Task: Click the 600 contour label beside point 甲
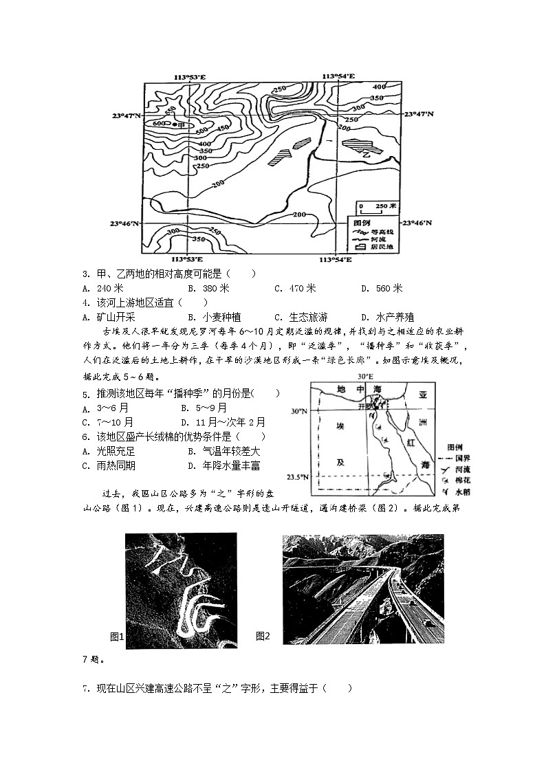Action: (x=158, y=124)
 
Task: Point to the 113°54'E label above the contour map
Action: (x=338, y=76)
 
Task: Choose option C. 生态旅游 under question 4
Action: (x=299, y=317)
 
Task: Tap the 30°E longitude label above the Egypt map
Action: (x=364, y=377)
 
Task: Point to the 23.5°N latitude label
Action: (x=298, y=476)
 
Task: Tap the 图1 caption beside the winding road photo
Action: (x=116, y=636)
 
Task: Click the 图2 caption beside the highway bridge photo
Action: (x=263, y=636)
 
